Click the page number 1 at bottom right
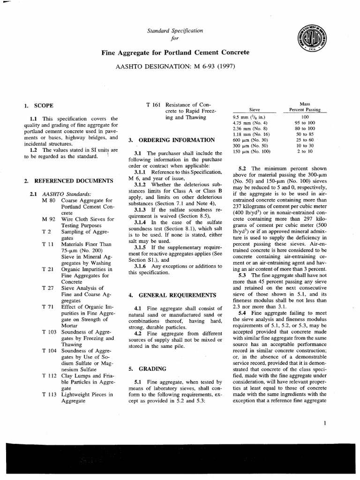click(x=324, y=423)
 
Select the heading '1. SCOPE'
click(x=37, y=106)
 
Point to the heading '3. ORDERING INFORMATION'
click(x=172, y=140)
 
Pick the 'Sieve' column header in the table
click(x=255, y=110)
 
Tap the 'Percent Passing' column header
click(x=304, y=110)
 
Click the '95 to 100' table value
click(x=305, y=122)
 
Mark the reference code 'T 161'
click(x=154, y=103)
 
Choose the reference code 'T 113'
click(x=49, y=395)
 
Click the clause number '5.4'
click(x=242, y=312)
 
